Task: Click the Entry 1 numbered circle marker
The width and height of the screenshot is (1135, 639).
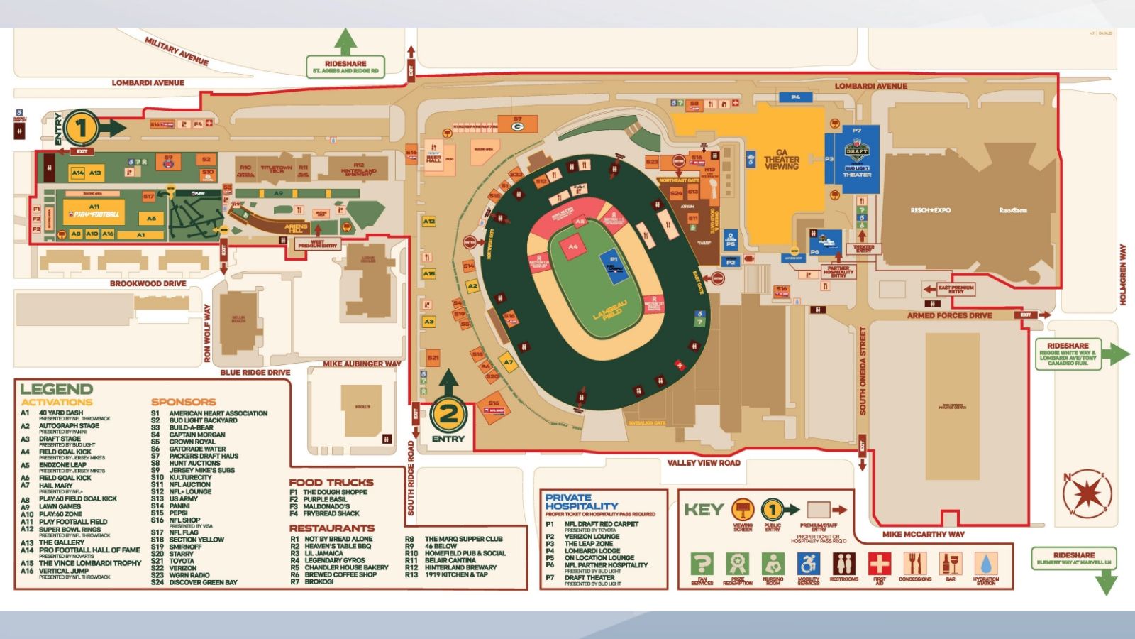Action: point(81,129)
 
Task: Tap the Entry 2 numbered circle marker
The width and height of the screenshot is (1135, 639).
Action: point(448,415)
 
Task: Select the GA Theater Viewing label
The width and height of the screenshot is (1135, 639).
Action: point(781,160)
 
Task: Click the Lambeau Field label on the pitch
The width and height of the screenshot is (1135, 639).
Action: point(610,310)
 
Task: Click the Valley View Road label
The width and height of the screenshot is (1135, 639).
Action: point(703,463)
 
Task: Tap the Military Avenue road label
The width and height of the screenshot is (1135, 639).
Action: point(177,51)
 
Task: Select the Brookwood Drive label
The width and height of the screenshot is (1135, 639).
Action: point(148,283)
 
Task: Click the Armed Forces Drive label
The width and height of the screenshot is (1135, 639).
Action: point(949,315)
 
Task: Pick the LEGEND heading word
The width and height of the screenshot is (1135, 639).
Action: point(56,389)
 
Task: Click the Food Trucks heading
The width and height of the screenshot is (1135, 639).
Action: point(331,482)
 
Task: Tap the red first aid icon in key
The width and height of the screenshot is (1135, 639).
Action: point(879,564)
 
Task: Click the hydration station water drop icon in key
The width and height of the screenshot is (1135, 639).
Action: point(985,564)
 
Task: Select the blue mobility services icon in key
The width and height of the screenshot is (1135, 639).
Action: point(808,564)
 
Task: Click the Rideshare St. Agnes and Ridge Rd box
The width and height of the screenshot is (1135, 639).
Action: point(345,67)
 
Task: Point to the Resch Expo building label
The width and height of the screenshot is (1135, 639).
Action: point(931,210)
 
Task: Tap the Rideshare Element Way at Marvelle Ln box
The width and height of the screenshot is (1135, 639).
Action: point(1073,558)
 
